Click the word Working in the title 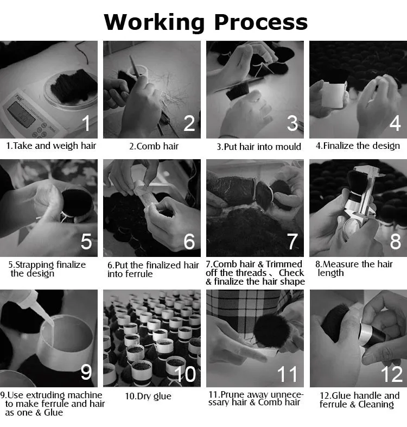pos(154,23)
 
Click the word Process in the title pos(261,22)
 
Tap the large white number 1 pos(86,123)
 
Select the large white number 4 pos(395,123)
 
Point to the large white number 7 pos(292,241)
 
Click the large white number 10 pos(185,374)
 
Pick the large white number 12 pos(392,374)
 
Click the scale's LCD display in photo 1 pos(21,115)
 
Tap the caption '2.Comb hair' pos(154,147)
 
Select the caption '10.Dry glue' pos(148,397)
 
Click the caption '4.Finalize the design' pos(358,146)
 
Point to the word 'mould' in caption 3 pos(288,147)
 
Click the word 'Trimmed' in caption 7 pos(284,264)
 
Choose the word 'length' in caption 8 pos(330,273)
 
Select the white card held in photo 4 pos(333,95)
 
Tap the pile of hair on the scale pos(74,85)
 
